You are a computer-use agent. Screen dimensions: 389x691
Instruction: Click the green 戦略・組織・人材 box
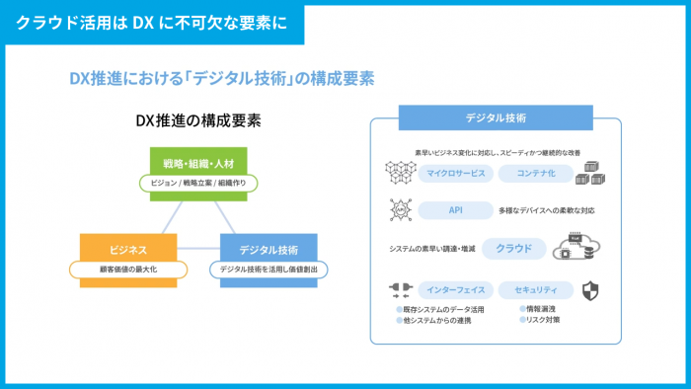point(198,161)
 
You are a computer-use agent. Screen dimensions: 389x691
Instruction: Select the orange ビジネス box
point(128,250)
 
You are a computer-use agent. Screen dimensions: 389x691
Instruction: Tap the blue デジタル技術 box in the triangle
point(269,250)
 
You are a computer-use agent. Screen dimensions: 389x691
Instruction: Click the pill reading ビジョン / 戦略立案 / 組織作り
point(198,183)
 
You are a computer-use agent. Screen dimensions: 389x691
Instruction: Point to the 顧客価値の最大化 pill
point(128,269)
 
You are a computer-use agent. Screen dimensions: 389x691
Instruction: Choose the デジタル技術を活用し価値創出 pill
point(269,269)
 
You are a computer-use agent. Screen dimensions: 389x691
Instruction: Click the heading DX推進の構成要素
point(198,121)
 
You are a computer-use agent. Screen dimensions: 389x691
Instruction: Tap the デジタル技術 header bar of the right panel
point(496,117)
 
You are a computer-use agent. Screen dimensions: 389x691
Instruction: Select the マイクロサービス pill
point(455,174)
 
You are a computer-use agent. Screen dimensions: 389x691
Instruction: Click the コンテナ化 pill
point(535,174)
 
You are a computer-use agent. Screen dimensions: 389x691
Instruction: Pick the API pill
point(455,210)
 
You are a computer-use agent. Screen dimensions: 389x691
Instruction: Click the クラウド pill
point(513,248)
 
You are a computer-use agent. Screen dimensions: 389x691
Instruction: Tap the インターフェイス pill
point(455,290)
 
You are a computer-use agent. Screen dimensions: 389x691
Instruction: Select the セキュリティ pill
point(536,290)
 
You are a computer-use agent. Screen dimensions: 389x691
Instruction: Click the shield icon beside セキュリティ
point(590,290)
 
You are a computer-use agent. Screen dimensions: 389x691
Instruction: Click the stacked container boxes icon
point(590,174)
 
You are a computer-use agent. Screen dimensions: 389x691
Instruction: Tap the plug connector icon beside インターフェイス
point(399,290)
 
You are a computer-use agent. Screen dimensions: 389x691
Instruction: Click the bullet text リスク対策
point(543,320)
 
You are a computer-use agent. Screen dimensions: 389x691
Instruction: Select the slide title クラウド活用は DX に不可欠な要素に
point(152,22)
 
